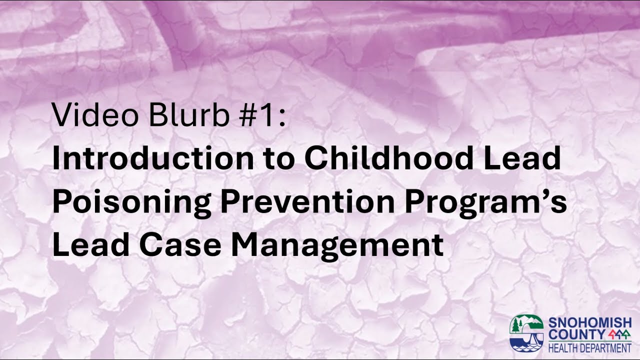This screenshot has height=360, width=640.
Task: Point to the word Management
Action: point(337,246)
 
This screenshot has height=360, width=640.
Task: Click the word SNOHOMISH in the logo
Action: point(590,322)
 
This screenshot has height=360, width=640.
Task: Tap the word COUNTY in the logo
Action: point(573,333)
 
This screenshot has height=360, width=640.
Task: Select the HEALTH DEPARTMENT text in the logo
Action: point(590,347)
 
